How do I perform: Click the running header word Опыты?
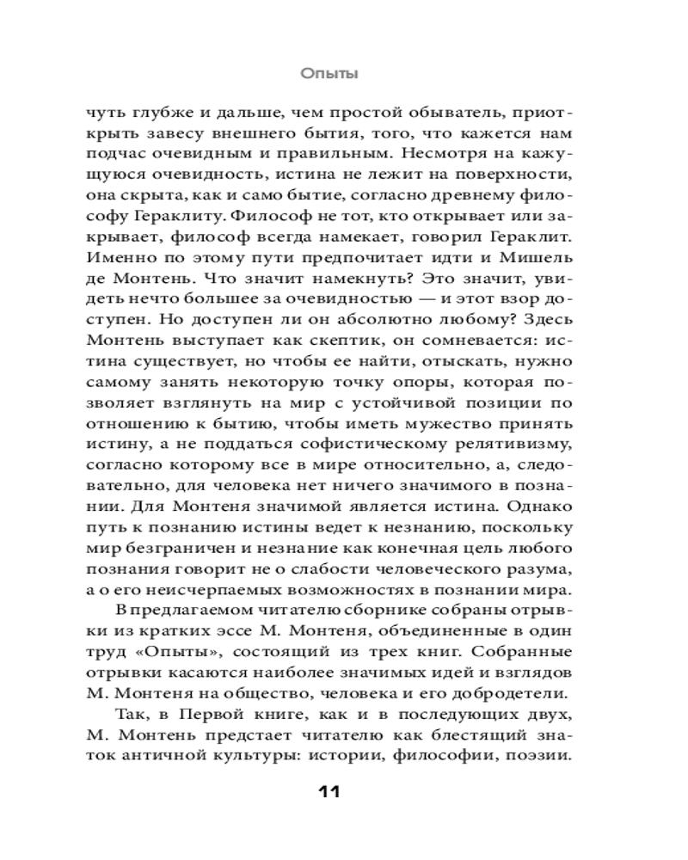coord(329,74)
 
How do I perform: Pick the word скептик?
coord(322,341)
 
